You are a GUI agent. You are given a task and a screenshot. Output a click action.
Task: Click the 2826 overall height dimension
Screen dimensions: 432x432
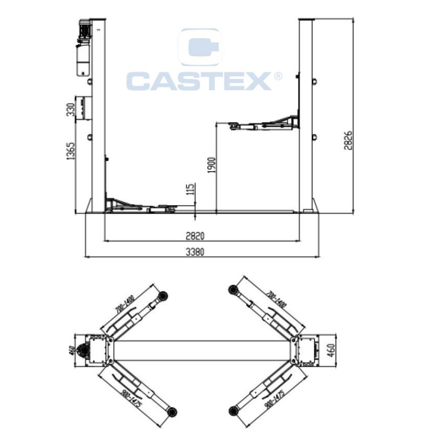coord(348,140)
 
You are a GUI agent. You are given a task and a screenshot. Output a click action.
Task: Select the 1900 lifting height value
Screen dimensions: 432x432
coord(212,165)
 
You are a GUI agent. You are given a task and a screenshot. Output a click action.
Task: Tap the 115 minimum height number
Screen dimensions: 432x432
coord(191,189)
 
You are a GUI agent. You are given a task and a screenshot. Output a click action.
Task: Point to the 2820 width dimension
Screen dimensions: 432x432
coord(195,236)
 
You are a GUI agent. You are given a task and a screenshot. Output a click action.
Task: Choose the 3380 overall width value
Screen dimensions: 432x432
coord(195,252)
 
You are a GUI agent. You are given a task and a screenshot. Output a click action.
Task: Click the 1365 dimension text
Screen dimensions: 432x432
coord(71,151)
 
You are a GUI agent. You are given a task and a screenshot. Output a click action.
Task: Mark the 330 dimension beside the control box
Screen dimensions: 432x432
coord(71,110)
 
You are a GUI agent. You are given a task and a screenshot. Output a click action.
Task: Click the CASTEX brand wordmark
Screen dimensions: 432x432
coord(199,81)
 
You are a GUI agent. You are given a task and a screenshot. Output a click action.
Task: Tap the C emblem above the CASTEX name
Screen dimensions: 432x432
coord(200,47)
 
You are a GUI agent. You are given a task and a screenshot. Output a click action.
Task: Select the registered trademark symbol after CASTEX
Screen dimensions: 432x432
coord(278,76)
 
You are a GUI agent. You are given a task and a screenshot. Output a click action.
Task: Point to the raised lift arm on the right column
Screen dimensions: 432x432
coord(264,123)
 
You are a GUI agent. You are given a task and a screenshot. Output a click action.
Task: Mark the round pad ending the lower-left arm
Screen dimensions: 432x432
coord(172,412)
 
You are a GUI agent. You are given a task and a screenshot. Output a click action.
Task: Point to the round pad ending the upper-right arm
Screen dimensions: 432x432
coord(233,289)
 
